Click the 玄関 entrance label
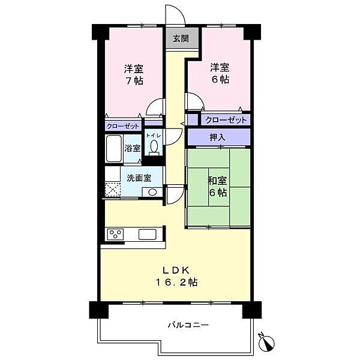[181, 38]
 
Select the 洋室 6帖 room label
[220, 73]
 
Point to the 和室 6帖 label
[217, 187]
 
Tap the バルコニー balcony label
[188, 325]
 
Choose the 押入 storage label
[217, 137]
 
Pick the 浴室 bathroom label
[132, 148]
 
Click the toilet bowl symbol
[154, 146]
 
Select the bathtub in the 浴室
[114, 149]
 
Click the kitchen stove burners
[115, 233]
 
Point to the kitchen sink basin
[148, 233]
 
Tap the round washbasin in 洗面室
[151, 192]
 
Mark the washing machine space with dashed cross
[113, 190]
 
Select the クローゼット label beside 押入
[226, 120]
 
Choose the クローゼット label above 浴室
[124, 126]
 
